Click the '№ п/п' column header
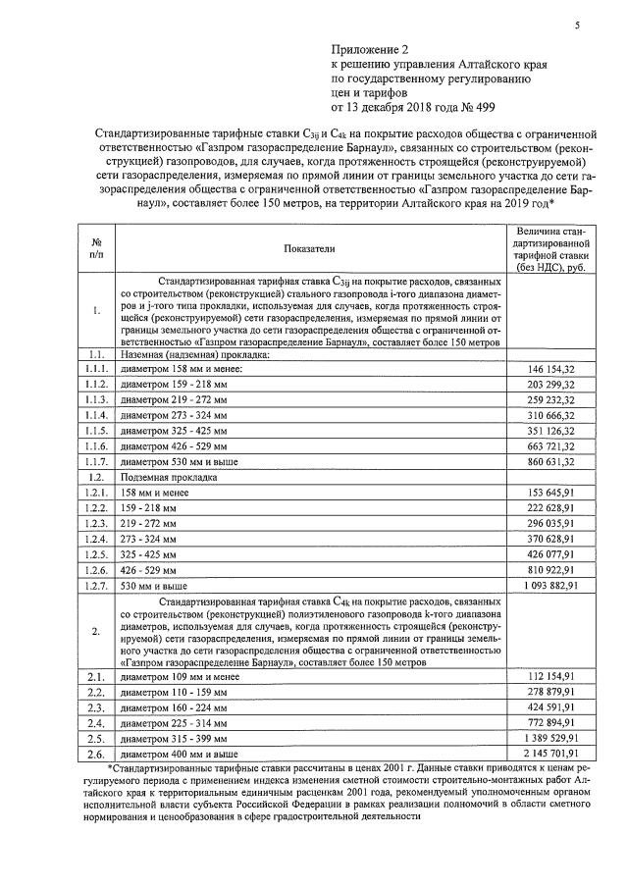97,247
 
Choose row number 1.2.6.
97,570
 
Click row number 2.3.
97,707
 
